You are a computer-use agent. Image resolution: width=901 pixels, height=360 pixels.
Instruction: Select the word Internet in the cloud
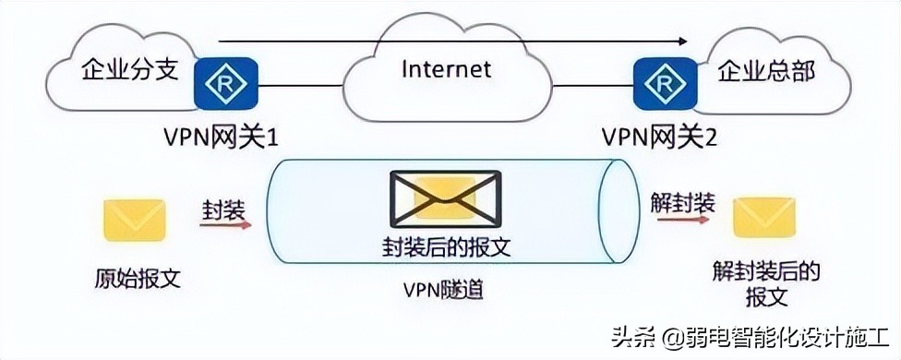[x=447, y=69]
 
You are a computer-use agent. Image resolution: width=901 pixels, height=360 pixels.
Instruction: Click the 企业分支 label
[x=128, y=70]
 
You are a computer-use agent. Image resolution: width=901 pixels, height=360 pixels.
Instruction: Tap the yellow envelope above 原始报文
[x=135, y=221]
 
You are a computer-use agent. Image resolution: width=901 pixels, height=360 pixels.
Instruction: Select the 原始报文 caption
[x=137, y=277]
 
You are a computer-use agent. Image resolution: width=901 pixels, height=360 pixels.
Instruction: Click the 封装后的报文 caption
[x=446, y=247]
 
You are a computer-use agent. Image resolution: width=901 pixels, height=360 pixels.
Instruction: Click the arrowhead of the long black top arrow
[x=682, y=41]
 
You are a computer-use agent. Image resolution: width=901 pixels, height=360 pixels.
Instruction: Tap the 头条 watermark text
[x=639, y=335]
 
